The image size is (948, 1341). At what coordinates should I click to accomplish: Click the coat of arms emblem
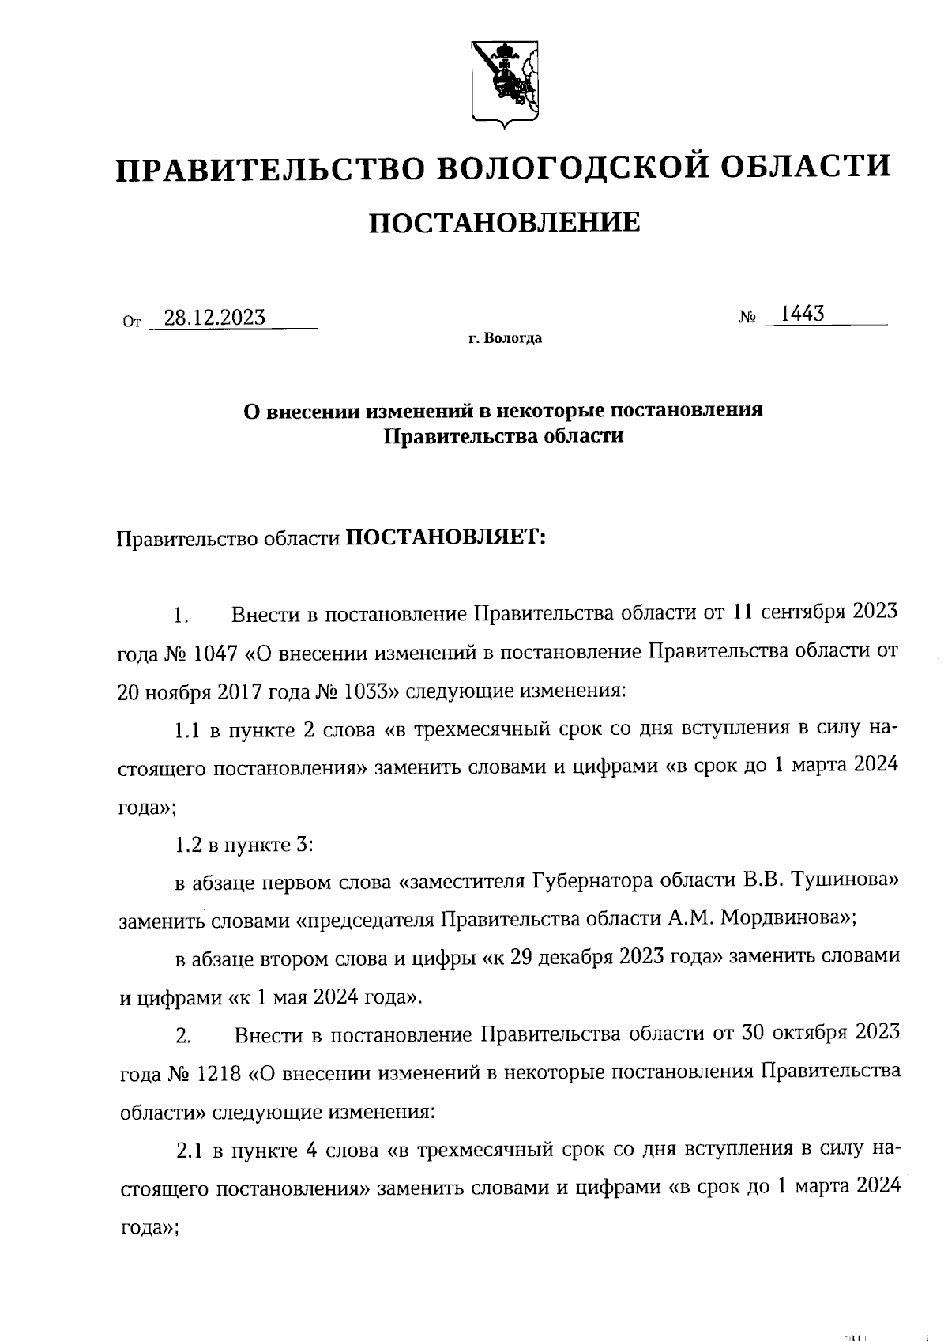point(506,82)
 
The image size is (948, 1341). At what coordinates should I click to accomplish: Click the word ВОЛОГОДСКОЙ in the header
point(567,168)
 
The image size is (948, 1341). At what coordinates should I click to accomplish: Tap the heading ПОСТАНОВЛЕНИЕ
point(505,224)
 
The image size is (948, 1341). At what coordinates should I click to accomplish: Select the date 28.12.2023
point(209,318)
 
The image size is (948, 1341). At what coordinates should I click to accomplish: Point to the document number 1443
point(802,315)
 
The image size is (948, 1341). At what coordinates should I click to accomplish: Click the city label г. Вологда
point(505,340)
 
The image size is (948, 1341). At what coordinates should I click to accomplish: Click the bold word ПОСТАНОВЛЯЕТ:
point(446,538)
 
